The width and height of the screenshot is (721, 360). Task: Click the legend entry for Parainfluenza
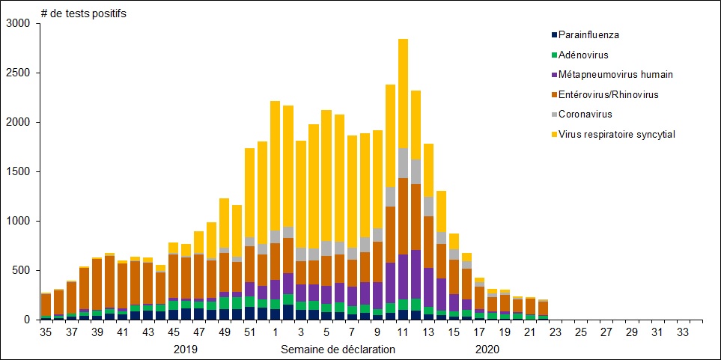coord(588,34)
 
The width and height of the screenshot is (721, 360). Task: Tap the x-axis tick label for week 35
coord(46,332)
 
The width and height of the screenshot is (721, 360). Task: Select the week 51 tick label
coord(250,332)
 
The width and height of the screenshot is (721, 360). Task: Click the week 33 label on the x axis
coord(684,332)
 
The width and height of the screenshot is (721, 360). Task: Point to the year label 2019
coord(186,349)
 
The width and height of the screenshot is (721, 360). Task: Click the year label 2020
coord(487,349)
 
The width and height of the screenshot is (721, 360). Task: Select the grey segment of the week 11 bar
coord(403,163)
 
